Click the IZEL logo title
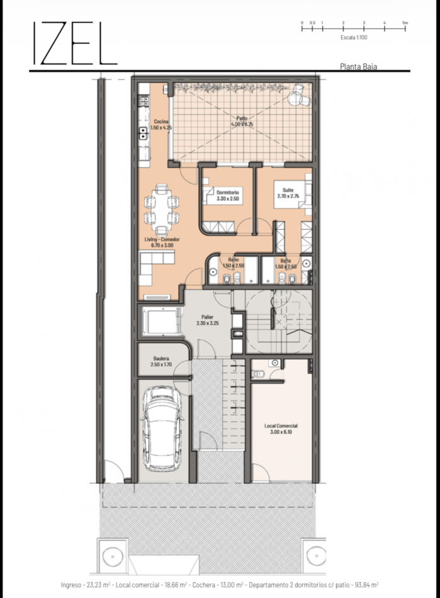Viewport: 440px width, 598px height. coord(74,44)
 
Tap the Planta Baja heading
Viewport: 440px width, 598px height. coord(358,65)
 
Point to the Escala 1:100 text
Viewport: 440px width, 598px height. coord(353,38)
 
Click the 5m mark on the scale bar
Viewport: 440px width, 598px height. coord(405,23)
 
